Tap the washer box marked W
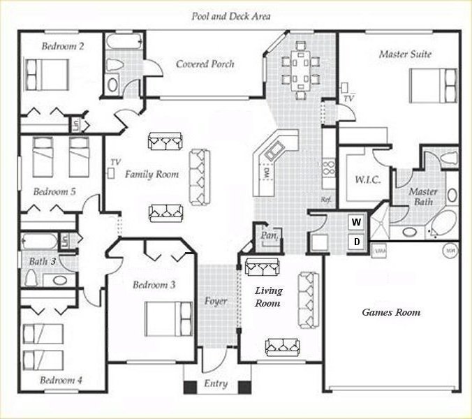[x=356, y=222]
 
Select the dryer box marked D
[x=356, y=242]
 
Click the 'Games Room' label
[x=391, y=312]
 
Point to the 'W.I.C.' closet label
[x=357, y=180]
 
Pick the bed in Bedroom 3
[x=168, y=318]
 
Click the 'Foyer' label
[x=216, y=302]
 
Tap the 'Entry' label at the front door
[x=216, y=383]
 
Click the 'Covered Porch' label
[x=205, y=64]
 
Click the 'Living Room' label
[x=267, y=297]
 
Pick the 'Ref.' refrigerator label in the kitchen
[x=325, y=199]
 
